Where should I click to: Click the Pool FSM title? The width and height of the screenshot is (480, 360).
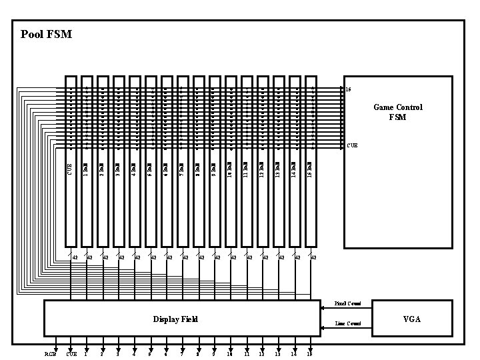tap(46, 34)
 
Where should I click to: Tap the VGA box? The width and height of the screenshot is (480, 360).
tap(411, 319)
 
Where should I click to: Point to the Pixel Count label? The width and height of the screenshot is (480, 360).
tap(347, 303)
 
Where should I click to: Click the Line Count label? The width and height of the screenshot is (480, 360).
tap(348, 323)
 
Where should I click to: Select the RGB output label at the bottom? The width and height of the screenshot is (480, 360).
tap(50, 354)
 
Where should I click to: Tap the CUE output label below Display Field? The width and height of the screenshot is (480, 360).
tap(71, 354)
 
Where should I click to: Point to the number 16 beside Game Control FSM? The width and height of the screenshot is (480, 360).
tap(348, 89)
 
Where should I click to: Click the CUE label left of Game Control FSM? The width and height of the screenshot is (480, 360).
tap(352, 145)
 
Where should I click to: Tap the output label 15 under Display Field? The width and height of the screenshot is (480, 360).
tap(309, 354)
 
